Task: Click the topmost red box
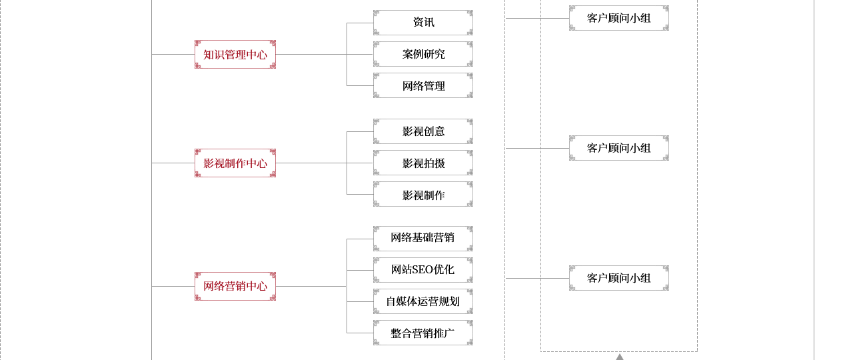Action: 235,54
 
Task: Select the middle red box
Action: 235,163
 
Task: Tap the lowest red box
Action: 235,286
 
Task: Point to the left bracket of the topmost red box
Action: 199,54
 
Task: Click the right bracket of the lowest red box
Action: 271,286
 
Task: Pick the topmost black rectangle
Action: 424,54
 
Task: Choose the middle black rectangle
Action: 424,163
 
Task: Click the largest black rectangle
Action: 423,285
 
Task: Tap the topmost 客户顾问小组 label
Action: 618,18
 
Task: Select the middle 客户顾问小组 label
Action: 618,148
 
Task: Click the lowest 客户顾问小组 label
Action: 618,278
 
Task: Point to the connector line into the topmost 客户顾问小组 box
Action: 522,18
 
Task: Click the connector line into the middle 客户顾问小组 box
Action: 522,148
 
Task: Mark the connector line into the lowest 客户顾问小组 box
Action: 522,278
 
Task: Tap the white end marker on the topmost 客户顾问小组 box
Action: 666,18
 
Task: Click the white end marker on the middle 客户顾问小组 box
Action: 666,148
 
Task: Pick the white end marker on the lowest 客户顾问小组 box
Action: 666,278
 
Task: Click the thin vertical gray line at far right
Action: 813,180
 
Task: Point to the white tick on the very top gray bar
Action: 470,23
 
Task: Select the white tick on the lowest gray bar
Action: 470,333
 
